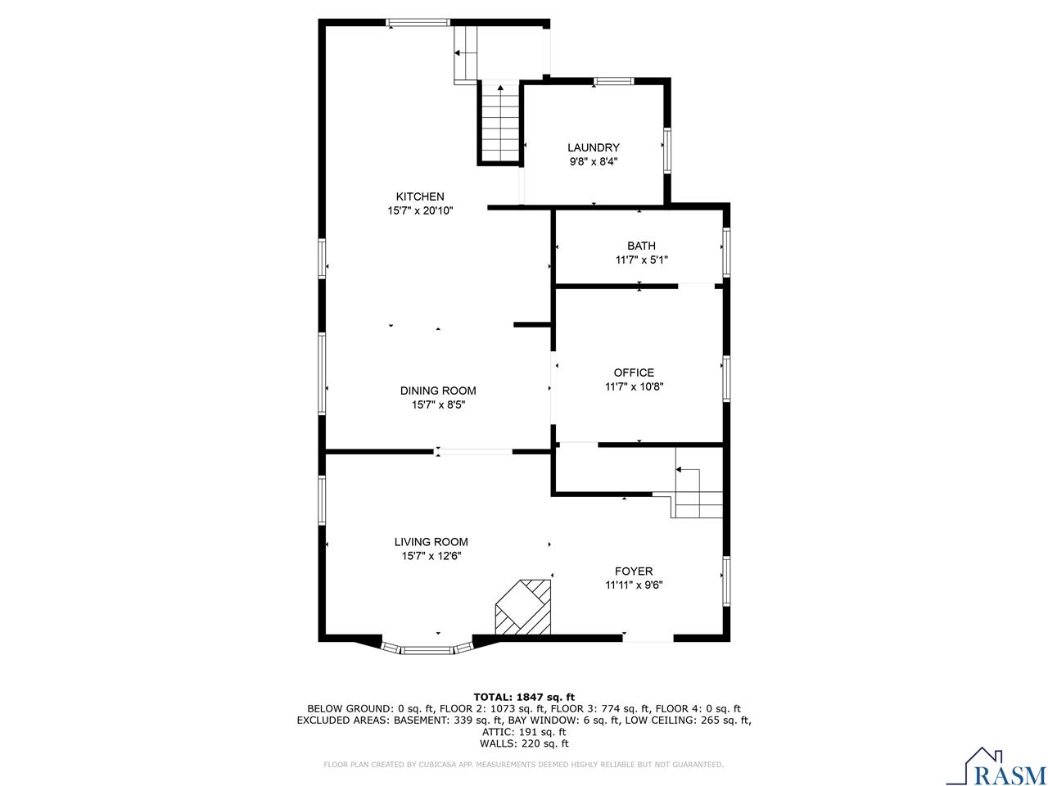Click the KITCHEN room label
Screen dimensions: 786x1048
(x=420, y=196)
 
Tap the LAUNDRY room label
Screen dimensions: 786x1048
(x=594, y=147)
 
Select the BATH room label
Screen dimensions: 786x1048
(x=641, y=246)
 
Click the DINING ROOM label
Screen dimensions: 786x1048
(x=438, y=391)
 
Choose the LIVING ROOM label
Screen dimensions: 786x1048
(x=431, y=541)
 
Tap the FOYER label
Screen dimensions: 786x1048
(x=634, y=571)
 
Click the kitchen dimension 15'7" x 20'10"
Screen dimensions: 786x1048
(x=420, y=210)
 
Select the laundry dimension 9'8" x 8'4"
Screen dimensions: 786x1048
(x=594, y=161)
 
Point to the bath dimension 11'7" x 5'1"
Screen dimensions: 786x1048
(x=641, y=260)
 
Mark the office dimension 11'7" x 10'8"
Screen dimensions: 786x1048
(x=634, y=386)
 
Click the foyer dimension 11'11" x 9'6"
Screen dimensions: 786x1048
(x=634, y=585)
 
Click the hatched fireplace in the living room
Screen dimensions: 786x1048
(x=524, y=608)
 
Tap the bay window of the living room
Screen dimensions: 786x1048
(x=427, y=649)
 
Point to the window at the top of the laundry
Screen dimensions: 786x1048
(x=613, y=80)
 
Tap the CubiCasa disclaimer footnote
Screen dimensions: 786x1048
(x=524, y=765)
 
